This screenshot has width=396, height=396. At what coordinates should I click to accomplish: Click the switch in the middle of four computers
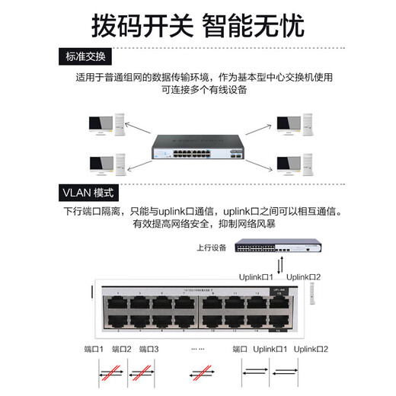198,145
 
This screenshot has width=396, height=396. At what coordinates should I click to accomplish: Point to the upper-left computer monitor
99,124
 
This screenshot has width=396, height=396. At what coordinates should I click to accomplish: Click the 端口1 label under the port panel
94,349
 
